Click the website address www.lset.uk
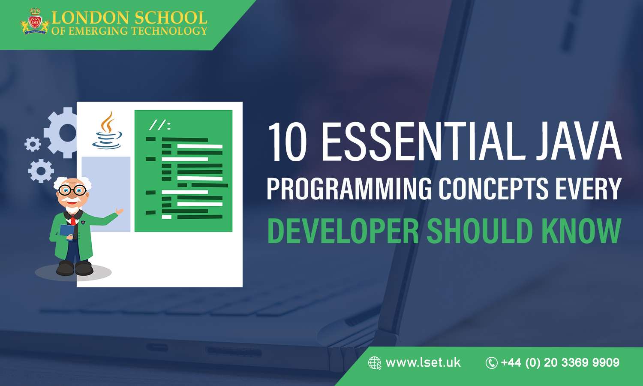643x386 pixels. point(423,362)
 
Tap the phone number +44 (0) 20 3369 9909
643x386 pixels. point(560,363)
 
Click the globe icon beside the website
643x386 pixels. point(375,363)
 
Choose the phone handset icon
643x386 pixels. point(491,363)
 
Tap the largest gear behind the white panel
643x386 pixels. point(64,132)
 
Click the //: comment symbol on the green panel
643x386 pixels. point(159,125)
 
